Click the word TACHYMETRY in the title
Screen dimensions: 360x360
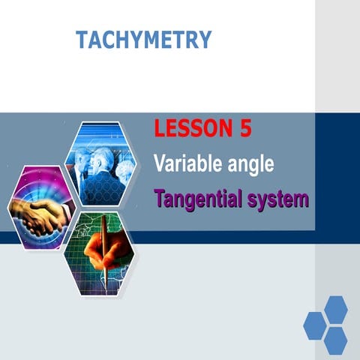pyautogui.click(x=143, y=40)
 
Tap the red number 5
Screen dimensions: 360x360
pyautogui.click(x=244, y=129)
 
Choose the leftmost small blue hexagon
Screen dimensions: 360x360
pyautogui.click(x=314, y=325)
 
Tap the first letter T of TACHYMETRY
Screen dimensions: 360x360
pyautogui.click(x=81, y=40)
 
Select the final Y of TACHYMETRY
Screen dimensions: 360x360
pyautogui.click(x=205, y=40)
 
